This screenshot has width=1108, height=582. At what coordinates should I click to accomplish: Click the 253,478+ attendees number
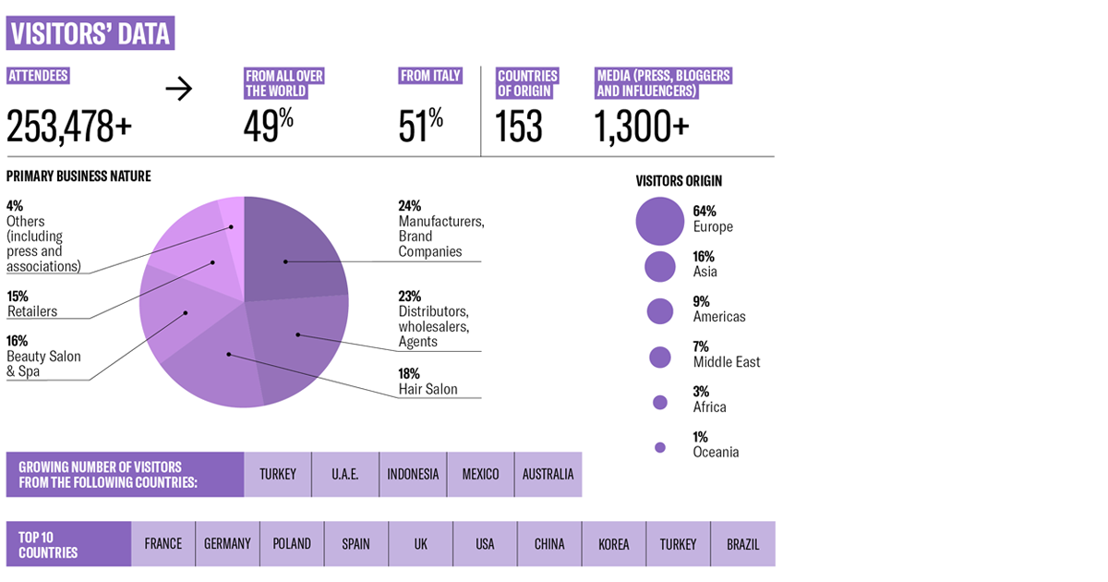69,126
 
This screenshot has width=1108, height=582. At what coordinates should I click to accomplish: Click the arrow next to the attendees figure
179,89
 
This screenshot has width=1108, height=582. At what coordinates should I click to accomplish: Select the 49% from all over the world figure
269,126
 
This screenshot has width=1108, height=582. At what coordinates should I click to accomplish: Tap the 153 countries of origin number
519,126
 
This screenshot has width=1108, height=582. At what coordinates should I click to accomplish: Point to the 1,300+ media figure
643,126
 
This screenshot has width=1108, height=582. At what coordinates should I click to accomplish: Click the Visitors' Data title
90,33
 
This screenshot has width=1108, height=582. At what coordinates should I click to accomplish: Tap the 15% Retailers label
31,304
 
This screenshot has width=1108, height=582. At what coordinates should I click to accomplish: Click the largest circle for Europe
659,220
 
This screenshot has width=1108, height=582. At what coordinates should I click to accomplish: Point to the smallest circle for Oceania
659,447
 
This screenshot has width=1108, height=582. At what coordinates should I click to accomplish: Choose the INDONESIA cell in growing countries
413,474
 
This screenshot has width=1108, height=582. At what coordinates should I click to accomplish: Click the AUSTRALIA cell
548,474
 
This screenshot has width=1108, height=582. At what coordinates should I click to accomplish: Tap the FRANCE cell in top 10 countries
163,544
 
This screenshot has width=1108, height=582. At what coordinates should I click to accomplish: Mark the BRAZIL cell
742,544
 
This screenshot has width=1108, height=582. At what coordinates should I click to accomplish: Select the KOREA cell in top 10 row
613,544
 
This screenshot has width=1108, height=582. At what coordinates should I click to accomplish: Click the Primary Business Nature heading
78,176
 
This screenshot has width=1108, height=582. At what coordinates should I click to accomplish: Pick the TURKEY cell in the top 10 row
678,544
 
